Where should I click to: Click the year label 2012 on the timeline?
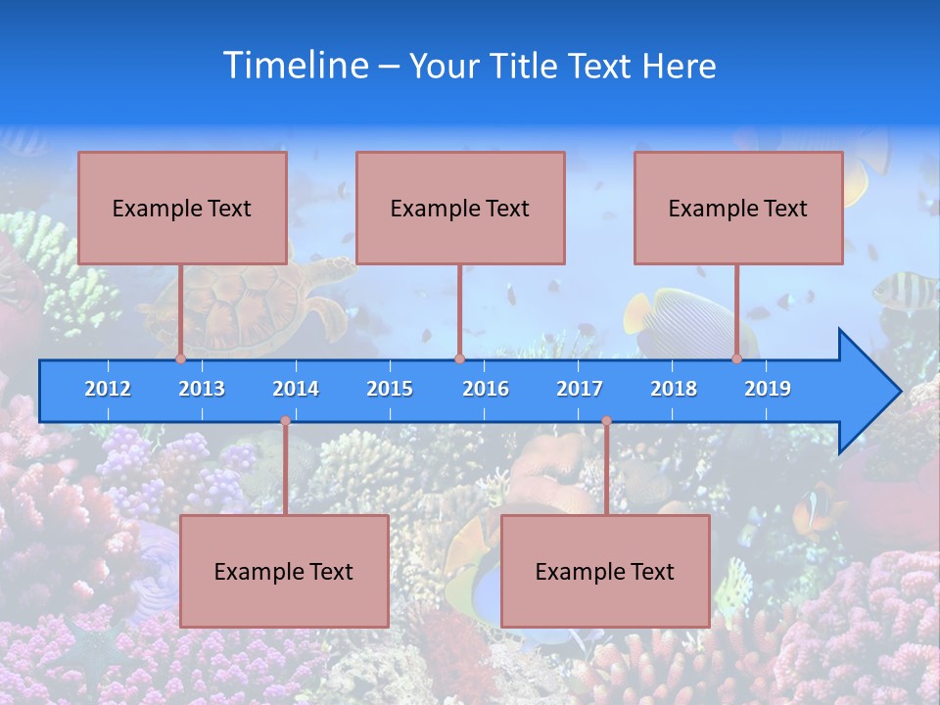pyautogui.click(x=108, y=389)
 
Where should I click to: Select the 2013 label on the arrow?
pyautogui.click(x=202, y=389)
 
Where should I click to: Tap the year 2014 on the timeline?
pyautogui.click(x=296, y=389)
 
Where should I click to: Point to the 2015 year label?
pyautogui.click(x=390, y=389)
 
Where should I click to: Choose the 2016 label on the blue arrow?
pyautogui.click(x=486, y=389)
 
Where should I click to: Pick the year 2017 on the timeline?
pyautogui.click(x=580, y=389)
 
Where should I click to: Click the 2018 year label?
pyautogui.click(x=674, y=389)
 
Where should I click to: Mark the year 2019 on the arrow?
pyautogui.click(x=768, y=389)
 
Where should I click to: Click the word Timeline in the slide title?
pyautogui.click(x=295, y=66)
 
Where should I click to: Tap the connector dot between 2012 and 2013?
pyautogui.click(x=181, y=359)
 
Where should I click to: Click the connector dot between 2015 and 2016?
pyautogui.click(x=459, y=359)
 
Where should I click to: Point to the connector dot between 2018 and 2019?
pyautogui.click(x=737, y=359)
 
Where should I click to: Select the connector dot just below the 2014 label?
pyautogui.click(x=285, y=421)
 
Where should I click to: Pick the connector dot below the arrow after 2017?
pyautogui.click(x=606, y=421)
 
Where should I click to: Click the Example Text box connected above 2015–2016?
pyautogui.click(x=460, y=208)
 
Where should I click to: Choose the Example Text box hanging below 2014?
pyautogui.click(x=284, y=571)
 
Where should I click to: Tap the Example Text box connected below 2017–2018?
pyautogui.click(x=605, y=571)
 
